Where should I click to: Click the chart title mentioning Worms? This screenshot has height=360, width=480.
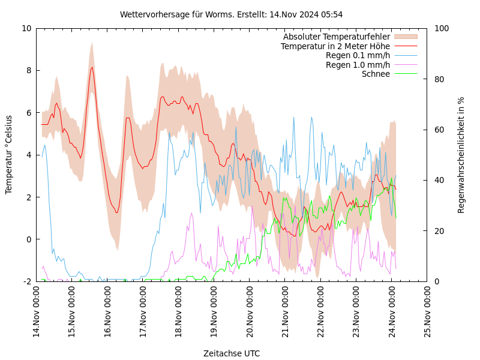coord(231,14)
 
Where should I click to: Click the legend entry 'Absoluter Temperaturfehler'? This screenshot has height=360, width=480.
coord(336,37)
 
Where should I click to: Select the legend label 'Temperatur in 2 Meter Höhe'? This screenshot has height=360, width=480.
coord(335,46)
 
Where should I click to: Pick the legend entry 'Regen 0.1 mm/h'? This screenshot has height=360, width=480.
coord(358,55)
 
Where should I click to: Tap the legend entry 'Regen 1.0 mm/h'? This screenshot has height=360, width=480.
coord(358,65)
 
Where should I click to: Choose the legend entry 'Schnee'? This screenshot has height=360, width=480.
coord(376,74)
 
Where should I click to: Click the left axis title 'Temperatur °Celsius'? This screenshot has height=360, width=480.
coord(9,154)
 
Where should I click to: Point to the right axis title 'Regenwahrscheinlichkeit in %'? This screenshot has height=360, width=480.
coord(461,154)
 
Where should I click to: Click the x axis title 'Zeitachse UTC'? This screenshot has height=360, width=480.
coord(231,353)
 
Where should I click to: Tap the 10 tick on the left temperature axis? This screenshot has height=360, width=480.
coord(26,28)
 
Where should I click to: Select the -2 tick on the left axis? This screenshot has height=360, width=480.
coord(26,281)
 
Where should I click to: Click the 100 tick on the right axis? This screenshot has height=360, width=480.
coord(441,28)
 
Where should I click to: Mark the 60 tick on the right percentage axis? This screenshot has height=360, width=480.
coord(439,130)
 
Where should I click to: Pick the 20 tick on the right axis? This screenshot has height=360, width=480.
coord(439,231)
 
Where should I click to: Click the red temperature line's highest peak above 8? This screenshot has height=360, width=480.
coord(92,67)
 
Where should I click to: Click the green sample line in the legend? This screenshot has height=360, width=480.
coord(405,74)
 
